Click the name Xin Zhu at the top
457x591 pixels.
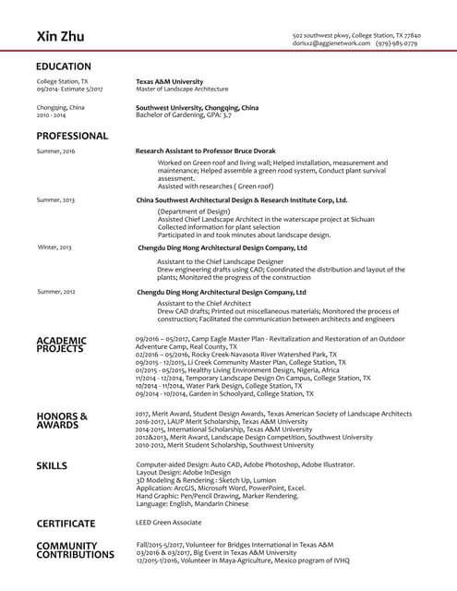(60, 36)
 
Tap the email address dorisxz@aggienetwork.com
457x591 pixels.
(331, 43)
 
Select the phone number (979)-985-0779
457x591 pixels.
(397, 43)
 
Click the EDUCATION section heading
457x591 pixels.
(63, 66)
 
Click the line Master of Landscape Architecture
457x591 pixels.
(182, 89)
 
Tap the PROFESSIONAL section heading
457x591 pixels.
(72, 136)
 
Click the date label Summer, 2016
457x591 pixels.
(55, 151)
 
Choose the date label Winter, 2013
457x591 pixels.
(54, 247)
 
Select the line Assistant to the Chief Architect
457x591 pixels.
(204, 303)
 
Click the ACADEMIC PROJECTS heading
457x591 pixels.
(61, 344)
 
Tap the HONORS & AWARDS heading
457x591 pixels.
(62, 421)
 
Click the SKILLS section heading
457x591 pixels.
(52, 464)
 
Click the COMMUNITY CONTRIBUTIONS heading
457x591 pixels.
(75, 550)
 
